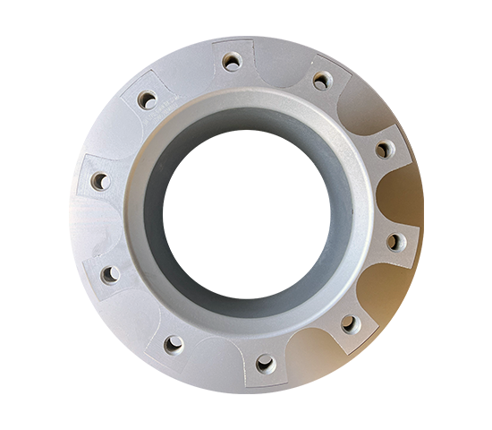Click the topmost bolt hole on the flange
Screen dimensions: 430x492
[232, 61]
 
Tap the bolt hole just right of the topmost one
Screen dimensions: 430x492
[320, 82]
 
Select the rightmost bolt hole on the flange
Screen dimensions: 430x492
[394, 241]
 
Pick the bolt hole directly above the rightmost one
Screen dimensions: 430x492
[383, 150]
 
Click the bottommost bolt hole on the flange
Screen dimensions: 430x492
[266, 363]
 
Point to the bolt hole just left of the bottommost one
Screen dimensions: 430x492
[174, 342]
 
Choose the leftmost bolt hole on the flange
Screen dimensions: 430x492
[99, 181]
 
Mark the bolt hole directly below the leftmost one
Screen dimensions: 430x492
[109, 274]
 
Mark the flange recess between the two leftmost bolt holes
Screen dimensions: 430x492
[95, 228]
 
